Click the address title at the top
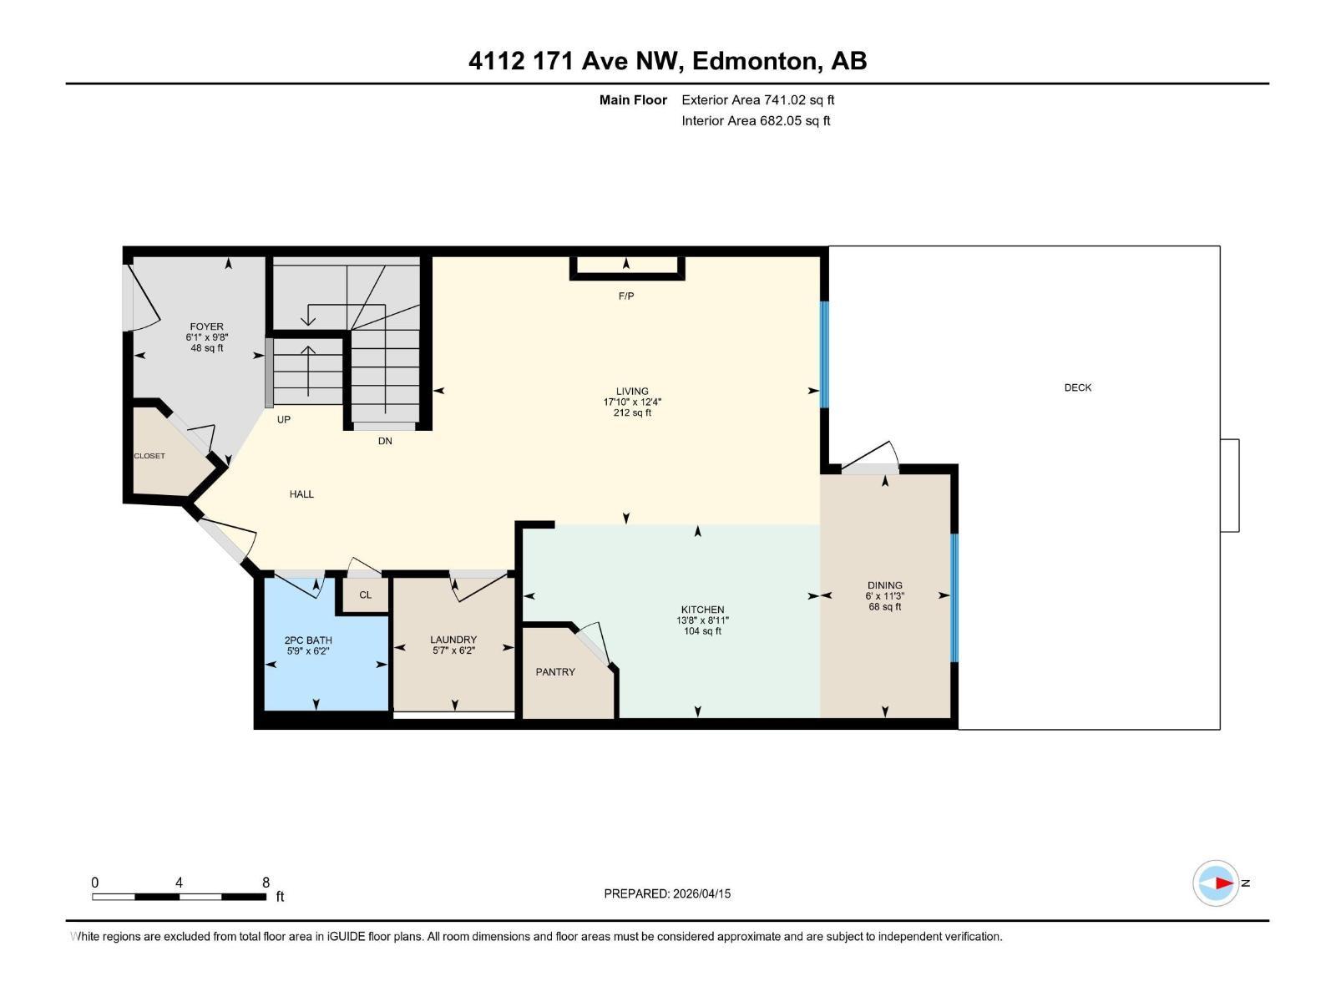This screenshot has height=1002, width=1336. [667, 61]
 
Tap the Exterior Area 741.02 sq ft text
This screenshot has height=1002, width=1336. [757, 100]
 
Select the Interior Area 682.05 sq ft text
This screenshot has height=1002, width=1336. [755, 121]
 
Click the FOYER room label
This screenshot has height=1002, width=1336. [206, 326]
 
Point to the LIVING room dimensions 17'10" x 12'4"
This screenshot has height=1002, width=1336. [632, 402]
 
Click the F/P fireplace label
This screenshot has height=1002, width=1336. [626, 296]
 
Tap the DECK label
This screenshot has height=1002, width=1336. [1077, 387]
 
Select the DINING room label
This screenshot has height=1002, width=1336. [884, 585]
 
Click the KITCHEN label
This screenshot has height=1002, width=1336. [702, 610]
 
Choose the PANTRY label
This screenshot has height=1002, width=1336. [555, 671]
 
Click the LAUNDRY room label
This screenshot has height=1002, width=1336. [453, 640]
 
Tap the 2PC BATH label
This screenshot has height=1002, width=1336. [308, 640]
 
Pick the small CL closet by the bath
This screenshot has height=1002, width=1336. [365, 595]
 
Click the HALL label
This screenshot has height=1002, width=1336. [301, 494]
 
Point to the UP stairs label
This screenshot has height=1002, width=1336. [284, 419]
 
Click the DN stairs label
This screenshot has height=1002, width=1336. [385, 441]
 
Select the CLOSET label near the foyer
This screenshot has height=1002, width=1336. [149, 456]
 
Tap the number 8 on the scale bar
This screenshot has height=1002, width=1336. [266, 883]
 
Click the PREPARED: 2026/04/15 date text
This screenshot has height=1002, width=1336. [667, 893]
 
